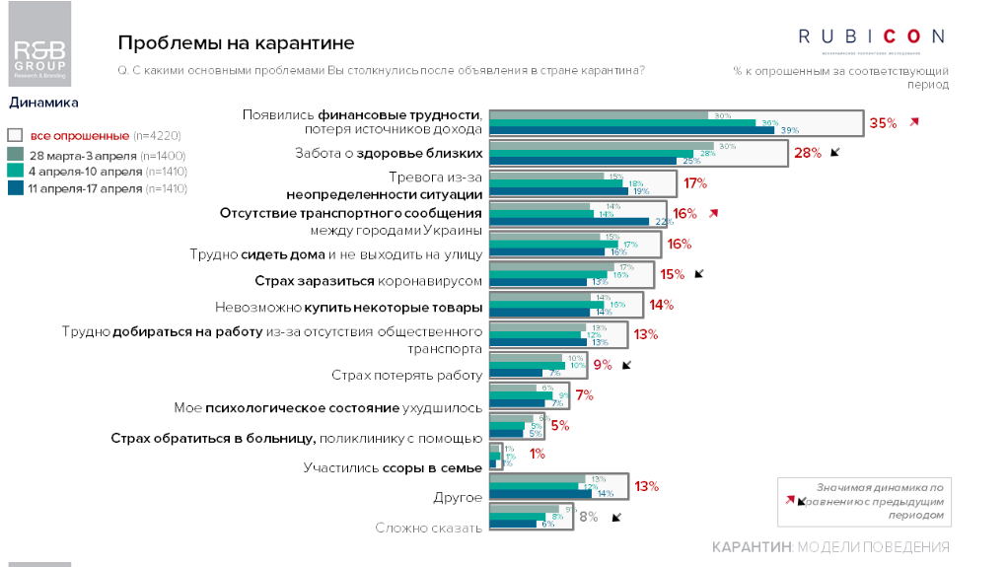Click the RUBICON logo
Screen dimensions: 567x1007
pos(871,36)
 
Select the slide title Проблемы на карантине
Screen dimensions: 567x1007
pos(236,43)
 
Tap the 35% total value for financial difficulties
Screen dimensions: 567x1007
pos(883,123)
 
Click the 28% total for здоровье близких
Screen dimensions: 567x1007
pos(808,153)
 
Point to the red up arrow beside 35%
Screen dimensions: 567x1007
pos(914,122)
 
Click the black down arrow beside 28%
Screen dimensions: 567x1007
pos(834,152)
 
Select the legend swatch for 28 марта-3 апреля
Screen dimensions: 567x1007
pos(15,155)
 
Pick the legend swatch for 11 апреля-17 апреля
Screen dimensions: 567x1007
pos(15,187)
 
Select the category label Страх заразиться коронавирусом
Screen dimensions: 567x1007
pos(369,280)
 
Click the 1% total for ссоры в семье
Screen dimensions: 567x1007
pos(538,455)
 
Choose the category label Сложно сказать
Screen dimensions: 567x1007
pos(428,528)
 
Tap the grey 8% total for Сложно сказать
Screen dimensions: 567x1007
pos(588,517)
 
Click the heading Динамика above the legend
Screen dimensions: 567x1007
pos(43,102)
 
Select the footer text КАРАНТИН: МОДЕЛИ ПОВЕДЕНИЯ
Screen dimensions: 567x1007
pos(830,547)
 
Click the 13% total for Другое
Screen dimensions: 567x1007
pos(646,486)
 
